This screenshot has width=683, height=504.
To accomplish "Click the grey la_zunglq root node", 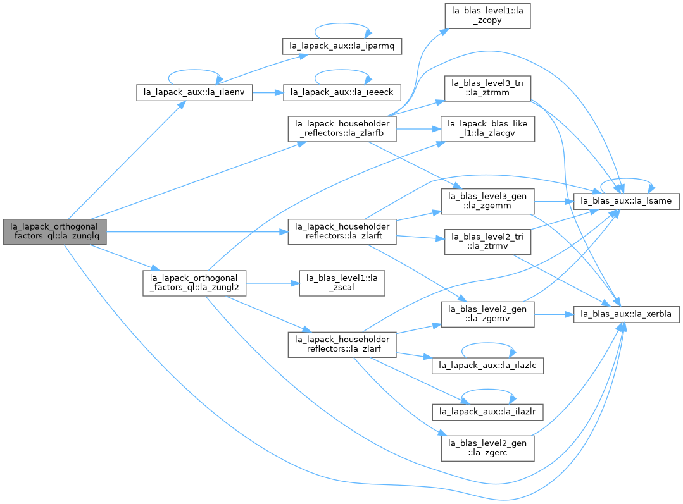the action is point(55,231).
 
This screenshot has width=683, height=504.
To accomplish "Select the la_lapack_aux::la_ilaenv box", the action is point(194,92).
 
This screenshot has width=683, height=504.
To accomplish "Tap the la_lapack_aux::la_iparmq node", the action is point(342,46).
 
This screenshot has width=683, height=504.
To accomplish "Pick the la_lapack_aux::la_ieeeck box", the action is point(342,92).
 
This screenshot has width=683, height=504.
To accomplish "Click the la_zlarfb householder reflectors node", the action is point(342,129).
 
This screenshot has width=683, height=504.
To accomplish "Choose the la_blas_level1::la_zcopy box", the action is point(487,16).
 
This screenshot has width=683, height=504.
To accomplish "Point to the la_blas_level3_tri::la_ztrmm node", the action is point(487,89).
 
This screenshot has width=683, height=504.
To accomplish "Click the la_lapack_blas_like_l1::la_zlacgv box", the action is point(487,129).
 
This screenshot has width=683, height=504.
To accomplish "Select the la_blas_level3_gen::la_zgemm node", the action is point(487,202).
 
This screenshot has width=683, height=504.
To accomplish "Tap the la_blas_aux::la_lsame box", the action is point(627,201).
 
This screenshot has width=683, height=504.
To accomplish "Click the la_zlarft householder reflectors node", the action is point(342,231).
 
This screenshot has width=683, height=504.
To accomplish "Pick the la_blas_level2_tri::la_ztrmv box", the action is point(487,242).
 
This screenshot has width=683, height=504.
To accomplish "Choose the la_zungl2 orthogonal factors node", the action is point(194,283).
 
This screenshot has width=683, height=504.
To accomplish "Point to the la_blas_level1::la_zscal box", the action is point(342,283).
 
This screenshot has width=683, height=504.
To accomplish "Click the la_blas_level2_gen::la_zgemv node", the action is point(487,314).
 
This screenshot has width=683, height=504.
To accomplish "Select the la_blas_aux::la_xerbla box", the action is point(627,314).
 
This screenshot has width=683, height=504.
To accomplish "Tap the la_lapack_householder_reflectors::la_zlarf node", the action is point(342,345).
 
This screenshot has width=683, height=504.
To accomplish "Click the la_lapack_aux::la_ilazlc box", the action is point(487,366).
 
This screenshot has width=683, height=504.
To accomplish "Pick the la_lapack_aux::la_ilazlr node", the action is point(487,412).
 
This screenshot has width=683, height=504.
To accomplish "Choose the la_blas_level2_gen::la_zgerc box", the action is point(487,448).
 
